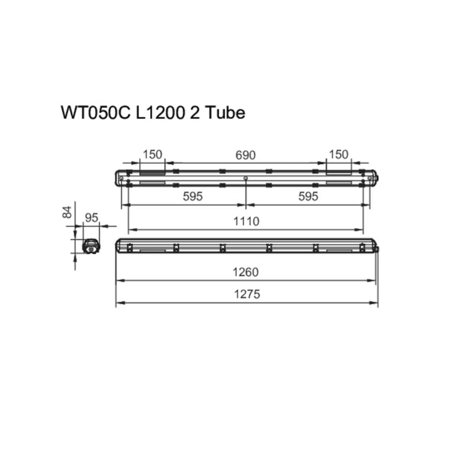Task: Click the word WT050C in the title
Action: pos(96,113)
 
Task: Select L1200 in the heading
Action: pos(160,113)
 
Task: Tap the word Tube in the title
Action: pos(225,113)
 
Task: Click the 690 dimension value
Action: pos(246,155)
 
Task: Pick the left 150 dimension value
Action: pos(153,155)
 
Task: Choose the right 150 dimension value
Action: pos(339,155)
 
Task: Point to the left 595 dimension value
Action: pos(193,197)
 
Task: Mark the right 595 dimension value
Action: pos(308,197)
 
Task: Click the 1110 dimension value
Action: pos(246,222)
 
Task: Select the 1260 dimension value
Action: pos(246,272)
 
